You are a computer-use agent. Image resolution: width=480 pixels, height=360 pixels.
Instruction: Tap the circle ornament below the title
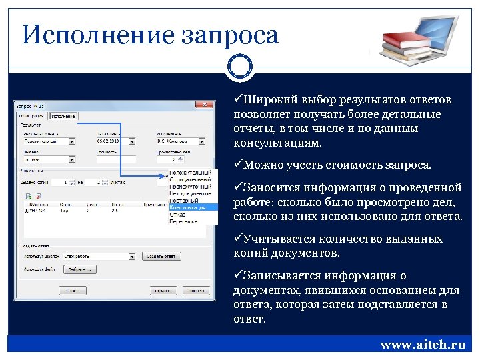pyautogui.click(x=239, y=67)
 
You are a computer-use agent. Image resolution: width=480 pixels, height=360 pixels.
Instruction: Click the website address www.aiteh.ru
pyautogui.click(x=423, y=345)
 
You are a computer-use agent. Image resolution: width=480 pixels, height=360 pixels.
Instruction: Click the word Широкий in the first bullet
pyautogui.click(x=270, y=100)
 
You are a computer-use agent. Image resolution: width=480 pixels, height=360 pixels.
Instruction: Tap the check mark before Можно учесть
pyautogui.click(x=238, y=165)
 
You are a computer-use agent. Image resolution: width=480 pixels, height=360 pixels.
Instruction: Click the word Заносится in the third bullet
pyautogui.click(x=271, y=187)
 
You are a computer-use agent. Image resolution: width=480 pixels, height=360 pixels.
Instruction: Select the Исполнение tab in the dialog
pyautogui.click(x=64, y=116)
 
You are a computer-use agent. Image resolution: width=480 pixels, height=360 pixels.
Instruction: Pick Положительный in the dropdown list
pyautogui.click(x=191, y=173)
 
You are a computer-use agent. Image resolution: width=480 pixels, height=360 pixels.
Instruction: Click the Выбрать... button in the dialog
pyautogui.click(x=81, y=269)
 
